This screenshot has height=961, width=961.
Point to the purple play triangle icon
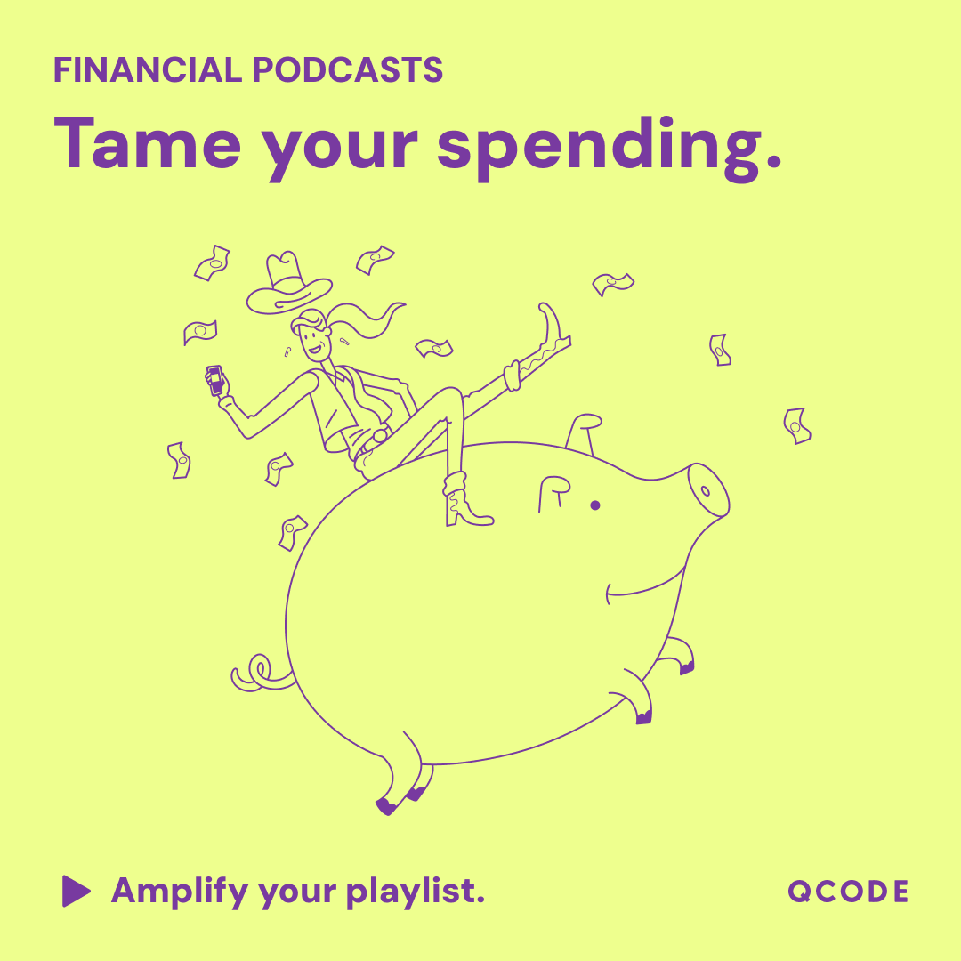(76, 891)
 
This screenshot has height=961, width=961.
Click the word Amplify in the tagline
(179, 891)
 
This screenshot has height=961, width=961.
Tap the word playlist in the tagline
(416, 892)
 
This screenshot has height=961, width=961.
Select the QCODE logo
(848, 892)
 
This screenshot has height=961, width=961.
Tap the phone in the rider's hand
(214, 380)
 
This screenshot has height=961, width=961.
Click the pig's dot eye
(595, 505)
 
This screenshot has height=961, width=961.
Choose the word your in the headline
(339, 147)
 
